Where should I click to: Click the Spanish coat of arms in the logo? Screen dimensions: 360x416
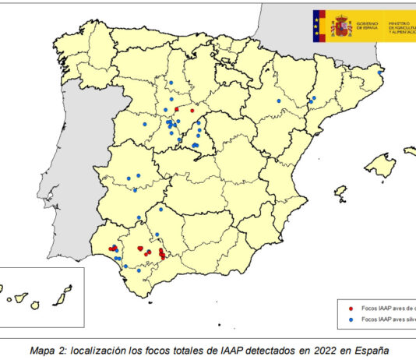[x=342, y=26]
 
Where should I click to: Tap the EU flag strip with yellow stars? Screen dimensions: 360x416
[x=318, y=26]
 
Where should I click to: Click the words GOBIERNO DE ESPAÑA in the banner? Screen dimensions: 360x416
[x=366, y=26]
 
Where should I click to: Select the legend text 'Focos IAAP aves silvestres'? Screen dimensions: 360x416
[x=386, y=319]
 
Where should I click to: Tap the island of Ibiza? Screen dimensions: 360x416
[x=340, y=189]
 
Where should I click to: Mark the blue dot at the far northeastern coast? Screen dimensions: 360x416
[x=380, y=72]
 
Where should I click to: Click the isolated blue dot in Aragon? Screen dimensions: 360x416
[x=278, y=101]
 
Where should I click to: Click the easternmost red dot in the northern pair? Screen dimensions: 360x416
[x=192, y=111]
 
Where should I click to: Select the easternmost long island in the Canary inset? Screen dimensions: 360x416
[x=68, y=290]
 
